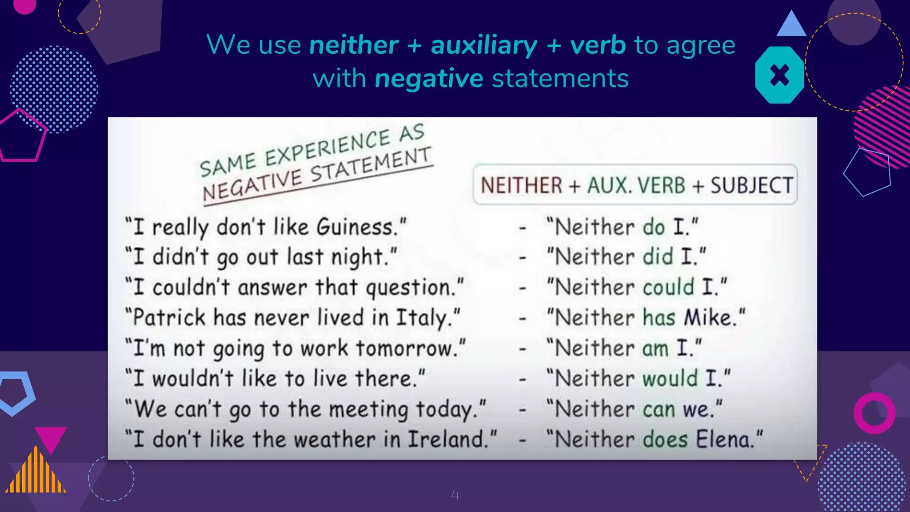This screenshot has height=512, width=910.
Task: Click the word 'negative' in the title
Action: pos(429,79)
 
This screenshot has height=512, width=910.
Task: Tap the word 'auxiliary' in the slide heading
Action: pos(484,45)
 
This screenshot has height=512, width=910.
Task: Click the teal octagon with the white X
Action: pos(779,75)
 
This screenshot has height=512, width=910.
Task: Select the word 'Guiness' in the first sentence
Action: pos(355,227)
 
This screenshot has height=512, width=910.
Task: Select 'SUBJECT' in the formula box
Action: pos(751,185)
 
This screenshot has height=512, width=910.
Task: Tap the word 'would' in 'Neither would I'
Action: pos(670,379)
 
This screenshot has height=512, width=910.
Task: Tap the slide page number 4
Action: pos(455,494)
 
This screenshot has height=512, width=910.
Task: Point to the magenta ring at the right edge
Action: pos(874,413)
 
